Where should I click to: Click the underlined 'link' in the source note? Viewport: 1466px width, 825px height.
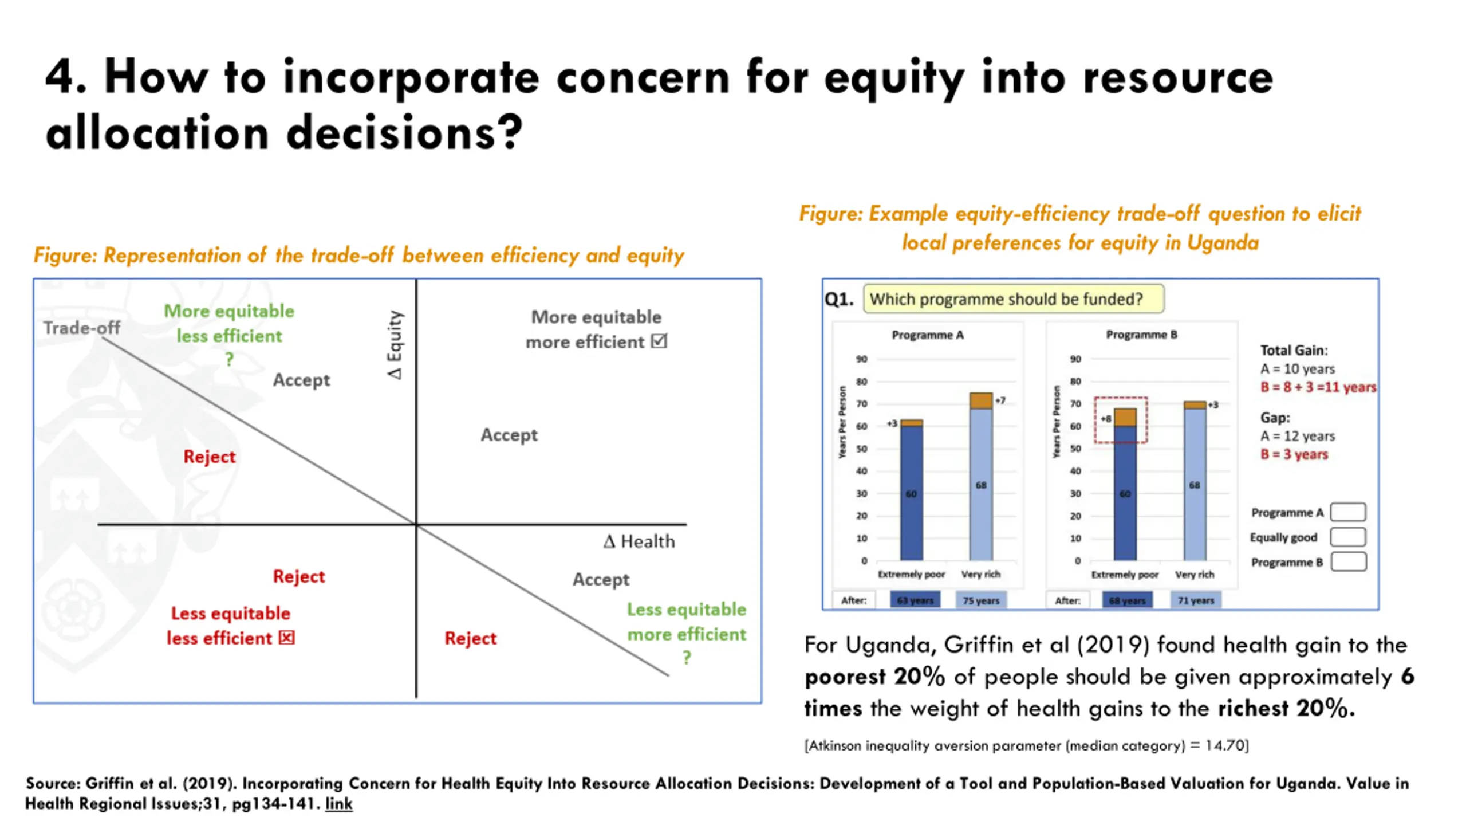point(338,804)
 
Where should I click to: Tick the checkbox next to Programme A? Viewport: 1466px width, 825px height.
point(1347,512)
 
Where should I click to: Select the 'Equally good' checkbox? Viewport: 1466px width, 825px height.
point(1347,537)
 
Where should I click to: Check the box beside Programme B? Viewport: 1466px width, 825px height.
point(1347,562)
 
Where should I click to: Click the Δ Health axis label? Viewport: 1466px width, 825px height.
point(639,541)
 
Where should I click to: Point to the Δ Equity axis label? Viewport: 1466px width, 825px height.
point(395,345)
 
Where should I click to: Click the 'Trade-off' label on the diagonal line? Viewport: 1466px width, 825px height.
point(82,328)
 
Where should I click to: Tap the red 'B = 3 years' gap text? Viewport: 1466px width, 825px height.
point(1294,454)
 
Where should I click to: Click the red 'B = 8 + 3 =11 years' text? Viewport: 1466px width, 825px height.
point(1318,387)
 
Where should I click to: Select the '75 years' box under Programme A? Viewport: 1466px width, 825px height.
point(980,600)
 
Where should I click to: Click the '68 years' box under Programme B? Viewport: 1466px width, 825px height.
point(1126,600)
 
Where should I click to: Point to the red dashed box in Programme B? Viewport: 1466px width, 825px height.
point(1121,420)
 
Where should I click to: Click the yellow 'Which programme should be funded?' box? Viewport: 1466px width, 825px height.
point(1013,299)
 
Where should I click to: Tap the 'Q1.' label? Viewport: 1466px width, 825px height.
point(839,299)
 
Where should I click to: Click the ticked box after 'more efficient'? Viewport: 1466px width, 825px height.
point(660,341)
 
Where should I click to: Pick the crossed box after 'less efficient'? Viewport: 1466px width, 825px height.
point(287,638)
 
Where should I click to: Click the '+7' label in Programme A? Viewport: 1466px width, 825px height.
point(1000,400)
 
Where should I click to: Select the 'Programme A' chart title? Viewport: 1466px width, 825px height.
point(928,335)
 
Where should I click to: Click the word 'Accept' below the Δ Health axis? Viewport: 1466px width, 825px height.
point(601,579)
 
